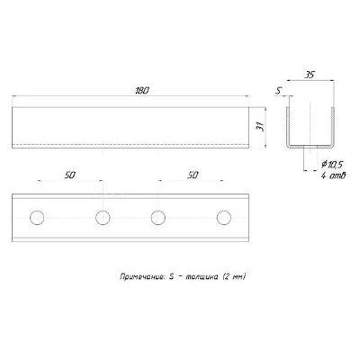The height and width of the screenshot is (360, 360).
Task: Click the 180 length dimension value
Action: (x=141, y=91)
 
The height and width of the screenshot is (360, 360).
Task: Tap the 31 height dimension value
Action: (x=259, y=127)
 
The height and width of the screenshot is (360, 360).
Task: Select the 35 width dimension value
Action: (x=310, y=75)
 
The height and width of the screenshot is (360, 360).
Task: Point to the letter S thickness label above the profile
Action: (x=278, y=91)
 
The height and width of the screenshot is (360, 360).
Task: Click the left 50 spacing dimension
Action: (x=69, y=175)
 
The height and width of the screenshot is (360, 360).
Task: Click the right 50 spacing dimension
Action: (x=193, y=175)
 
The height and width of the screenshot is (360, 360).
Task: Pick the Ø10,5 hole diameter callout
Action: (x=332, y=165)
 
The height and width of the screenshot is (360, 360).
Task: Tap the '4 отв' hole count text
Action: (x=333, y=175)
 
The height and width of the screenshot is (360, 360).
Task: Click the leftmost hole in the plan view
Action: (x=37, y=218)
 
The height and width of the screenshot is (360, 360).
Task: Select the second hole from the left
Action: (x=103, y=218)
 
